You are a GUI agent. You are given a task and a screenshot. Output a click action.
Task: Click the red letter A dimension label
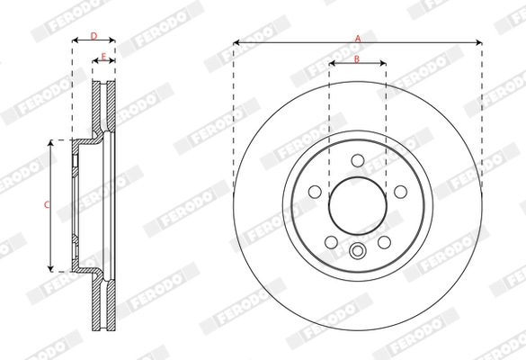[x=358, y=38]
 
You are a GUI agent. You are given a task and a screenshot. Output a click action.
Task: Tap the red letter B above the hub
[x=357, y=59]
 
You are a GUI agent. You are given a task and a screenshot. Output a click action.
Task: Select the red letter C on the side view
[x=47, y=205]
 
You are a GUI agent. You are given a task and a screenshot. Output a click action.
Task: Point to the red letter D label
[x=94, y=35]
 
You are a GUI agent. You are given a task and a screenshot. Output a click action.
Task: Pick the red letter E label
[x=103, y=58]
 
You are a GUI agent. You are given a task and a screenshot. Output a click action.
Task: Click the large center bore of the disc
[x=357, y=202]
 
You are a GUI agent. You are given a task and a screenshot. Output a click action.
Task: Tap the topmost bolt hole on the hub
[x=357, y=160]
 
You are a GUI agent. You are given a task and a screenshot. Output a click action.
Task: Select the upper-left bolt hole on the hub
[x=317, y=191]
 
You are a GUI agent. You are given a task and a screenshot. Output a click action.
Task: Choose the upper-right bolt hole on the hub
[x=397, y=191]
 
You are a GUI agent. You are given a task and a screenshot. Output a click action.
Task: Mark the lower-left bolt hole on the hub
[x=331, y=242]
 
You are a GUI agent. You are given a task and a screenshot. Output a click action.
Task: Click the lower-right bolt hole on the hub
[x=384, y=242]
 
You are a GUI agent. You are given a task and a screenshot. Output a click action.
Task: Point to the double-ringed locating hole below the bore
[x=357, y=252]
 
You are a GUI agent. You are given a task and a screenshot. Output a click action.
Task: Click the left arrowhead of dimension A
[x=236, y=42]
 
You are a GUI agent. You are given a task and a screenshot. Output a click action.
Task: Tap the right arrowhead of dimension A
[x=479, y=42]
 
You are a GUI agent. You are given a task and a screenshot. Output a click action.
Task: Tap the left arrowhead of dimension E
[x=94, y=63]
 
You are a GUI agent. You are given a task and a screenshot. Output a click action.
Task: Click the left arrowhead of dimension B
[x=332, y=64]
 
